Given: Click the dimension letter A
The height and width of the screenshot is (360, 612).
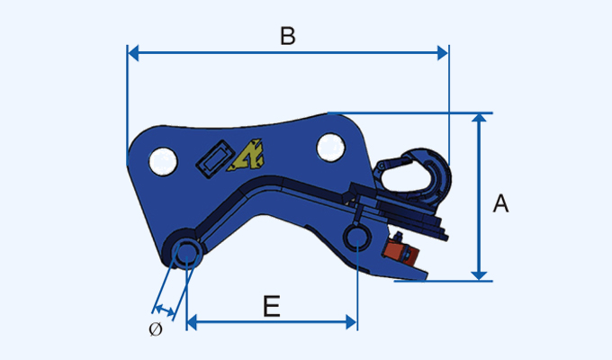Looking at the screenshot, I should pyautogui.click(x=500, y=204).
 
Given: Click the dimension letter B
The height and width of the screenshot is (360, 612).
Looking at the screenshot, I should pyautogui.click(x=287, y=37).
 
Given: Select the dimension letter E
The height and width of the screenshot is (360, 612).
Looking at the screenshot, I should pyautogui.click(x=271, y=307).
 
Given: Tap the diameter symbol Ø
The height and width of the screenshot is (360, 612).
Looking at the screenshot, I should pyautogui.click(x=155, y=329).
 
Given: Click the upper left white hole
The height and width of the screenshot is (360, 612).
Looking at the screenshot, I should pyautogui.click(x=162, y=160).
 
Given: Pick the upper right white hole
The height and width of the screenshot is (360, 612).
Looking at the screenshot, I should pyautogui.click(x=329, y=145).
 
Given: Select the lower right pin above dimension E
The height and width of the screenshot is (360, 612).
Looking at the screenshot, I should pyautogui.click(x=358, y=237).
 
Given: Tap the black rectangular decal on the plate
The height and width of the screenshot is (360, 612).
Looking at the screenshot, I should pyautogui.click(x=214, y=159).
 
